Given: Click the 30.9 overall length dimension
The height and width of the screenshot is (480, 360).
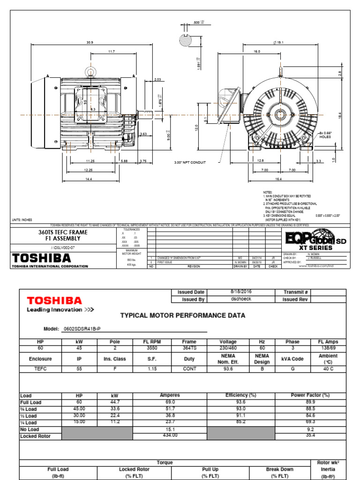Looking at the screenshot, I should [x=90, y=42].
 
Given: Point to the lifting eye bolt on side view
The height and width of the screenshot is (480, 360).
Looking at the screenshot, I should [x=90, y=71].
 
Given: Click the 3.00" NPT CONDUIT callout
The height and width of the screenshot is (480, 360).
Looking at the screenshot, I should [x=189, y=163].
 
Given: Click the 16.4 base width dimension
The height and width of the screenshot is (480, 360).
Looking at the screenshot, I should [x=278, y=179].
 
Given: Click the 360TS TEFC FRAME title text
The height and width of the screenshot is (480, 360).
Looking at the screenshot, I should [x=63, y=232].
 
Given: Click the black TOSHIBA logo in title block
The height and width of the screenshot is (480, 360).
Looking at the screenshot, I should [x=42, y=258].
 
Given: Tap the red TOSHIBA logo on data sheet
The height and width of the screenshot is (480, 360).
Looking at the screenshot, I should [x=54, y=300].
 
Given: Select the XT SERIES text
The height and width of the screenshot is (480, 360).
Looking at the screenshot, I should [x=312, y=247].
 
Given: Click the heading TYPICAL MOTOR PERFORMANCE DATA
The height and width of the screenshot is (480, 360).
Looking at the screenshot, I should [x=183, y=315].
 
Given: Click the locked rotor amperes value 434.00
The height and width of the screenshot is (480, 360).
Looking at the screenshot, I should [x=170, y=435].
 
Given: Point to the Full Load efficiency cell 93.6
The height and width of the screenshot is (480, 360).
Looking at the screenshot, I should [x=241, y=402].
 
